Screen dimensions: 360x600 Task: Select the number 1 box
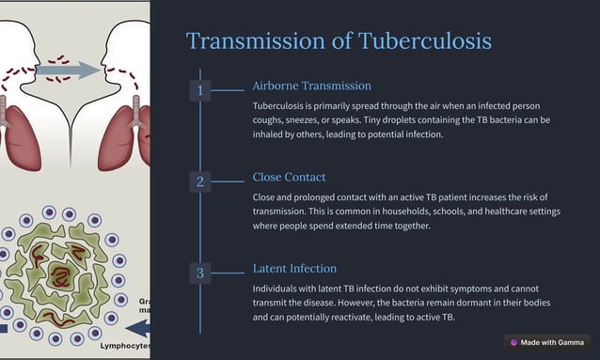199,90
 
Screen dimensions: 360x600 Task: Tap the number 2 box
199,181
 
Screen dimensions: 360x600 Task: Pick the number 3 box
199,274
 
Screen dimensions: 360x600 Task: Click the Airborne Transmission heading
311,86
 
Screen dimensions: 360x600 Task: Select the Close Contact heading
289,177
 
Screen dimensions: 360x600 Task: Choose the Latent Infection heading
294,269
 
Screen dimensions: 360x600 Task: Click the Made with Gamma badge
546,343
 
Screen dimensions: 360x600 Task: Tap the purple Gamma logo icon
514,343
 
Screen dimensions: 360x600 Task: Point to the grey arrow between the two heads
73,70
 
